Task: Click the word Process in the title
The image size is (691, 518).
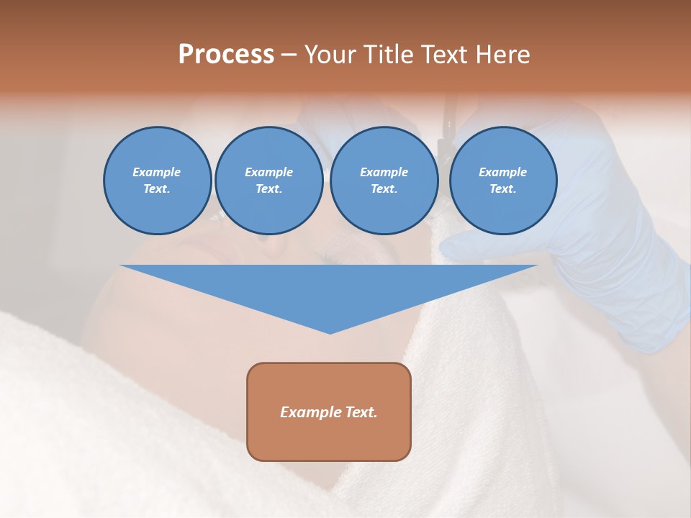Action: tap(226, 55)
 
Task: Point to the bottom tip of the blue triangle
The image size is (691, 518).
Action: tap(330, 332)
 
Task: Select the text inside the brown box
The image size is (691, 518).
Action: tap(329, 412)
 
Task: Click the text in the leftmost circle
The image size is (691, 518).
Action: tap(157, 181)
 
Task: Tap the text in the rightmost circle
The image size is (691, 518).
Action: tap(502, 181)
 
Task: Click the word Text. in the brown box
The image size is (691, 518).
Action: tap(361, 412)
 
